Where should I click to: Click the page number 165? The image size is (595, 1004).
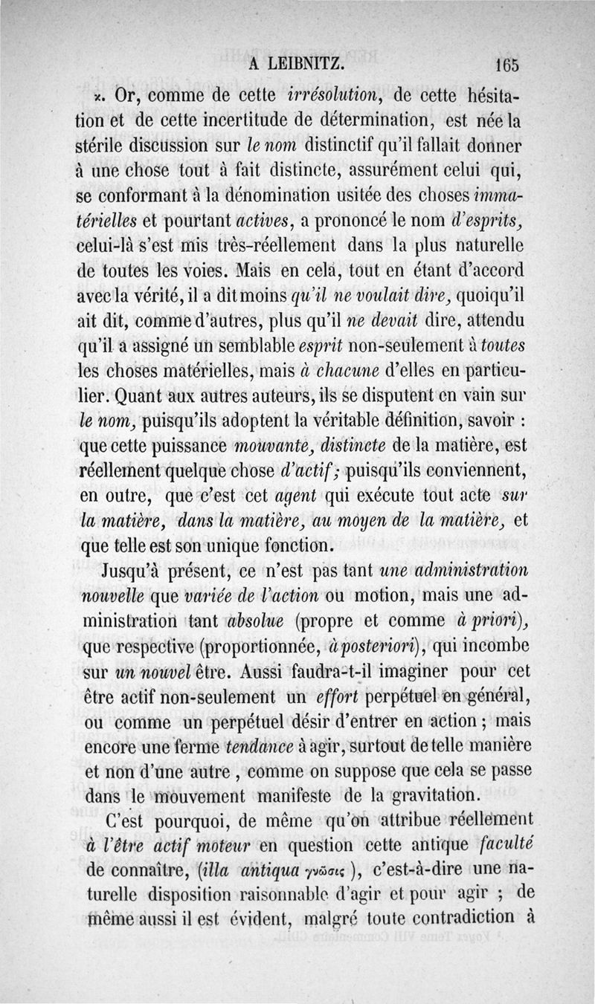tap(505, 65)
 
